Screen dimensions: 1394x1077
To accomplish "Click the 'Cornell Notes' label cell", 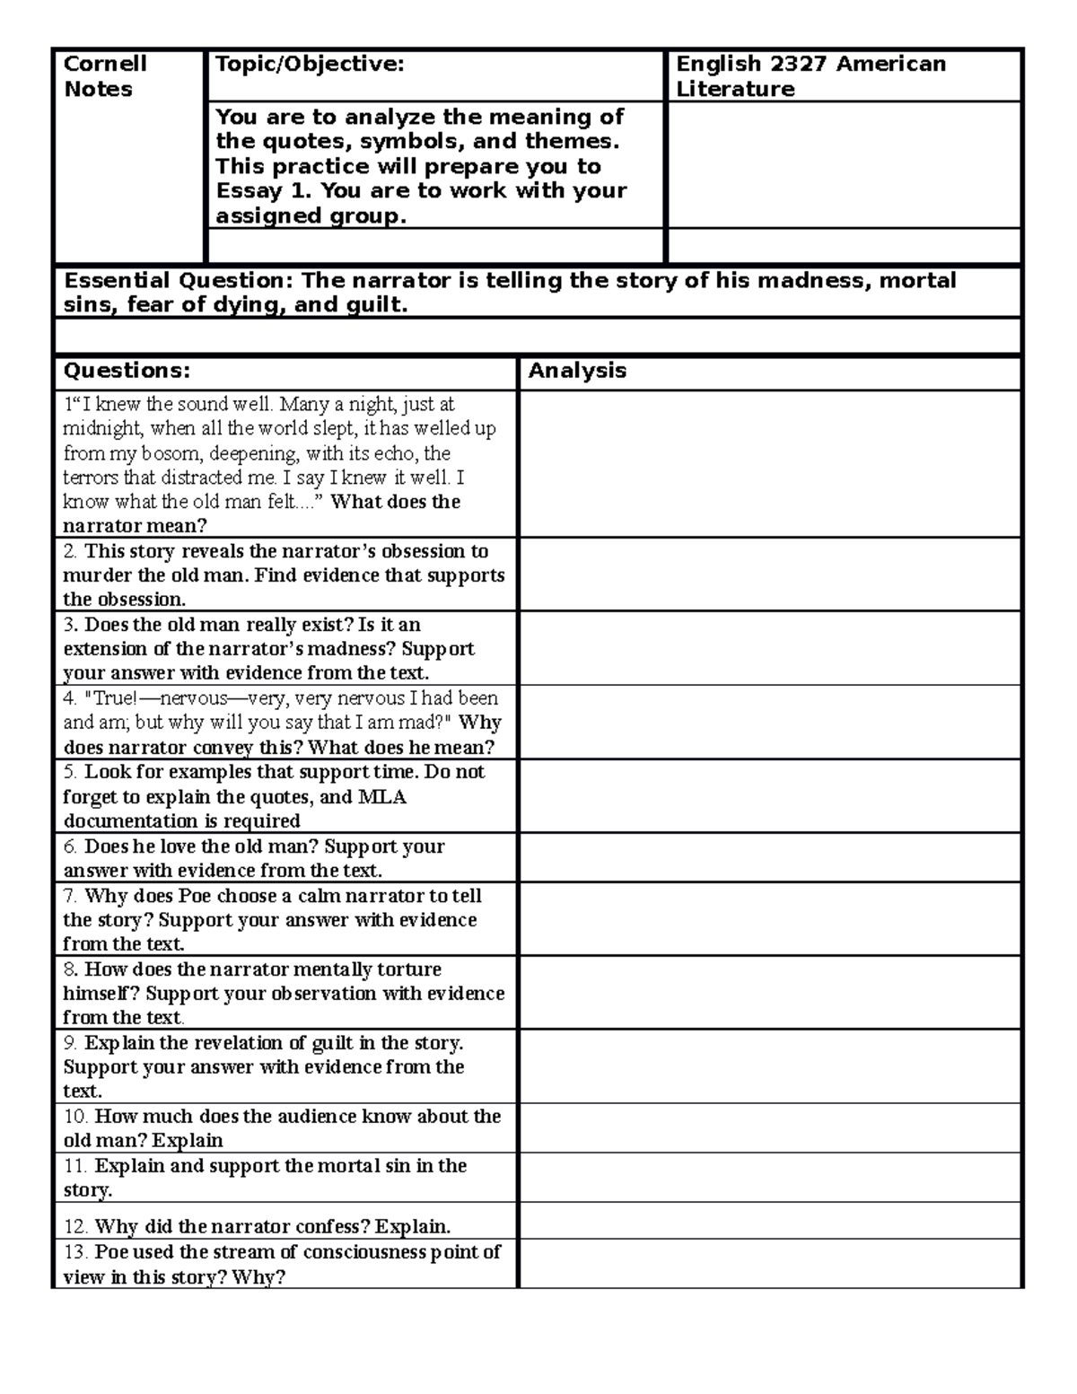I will pos(104,76).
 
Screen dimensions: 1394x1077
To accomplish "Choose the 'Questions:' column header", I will pos(127,371).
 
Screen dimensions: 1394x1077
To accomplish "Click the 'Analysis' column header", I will pos(577,371).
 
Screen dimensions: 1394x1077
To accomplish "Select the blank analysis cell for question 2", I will pos(769,574).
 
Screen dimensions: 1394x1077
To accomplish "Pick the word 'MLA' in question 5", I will pos(382,797).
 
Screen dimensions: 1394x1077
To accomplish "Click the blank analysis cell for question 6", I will pos(769,858).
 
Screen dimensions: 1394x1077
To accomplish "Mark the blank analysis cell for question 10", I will pos(769,1128).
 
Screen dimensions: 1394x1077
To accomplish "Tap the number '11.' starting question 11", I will pos(76,1166).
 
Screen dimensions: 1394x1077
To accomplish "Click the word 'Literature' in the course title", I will pos(735,89).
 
